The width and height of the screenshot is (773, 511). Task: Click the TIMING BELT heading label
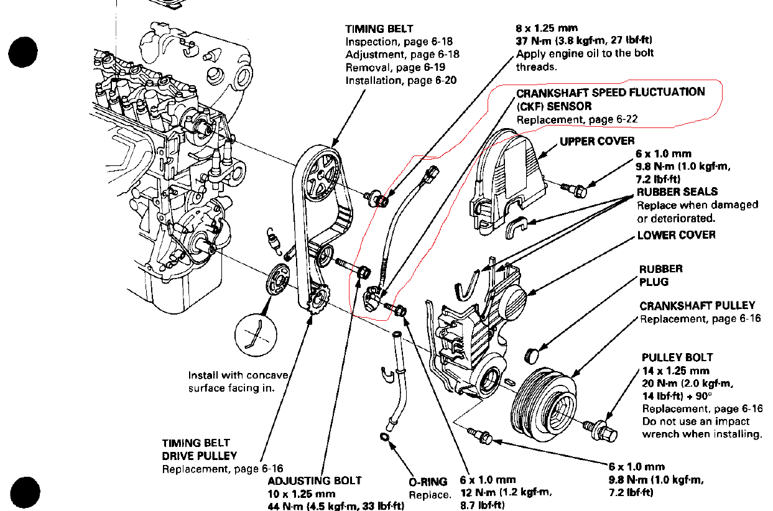[379, 29]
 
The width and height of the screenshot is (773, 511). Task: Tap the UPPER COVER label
[597, 141]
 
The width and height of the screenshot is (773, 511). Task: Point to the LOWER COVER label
[676, 235]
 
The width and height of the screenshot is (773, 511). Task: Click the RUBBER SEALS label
[677, 191]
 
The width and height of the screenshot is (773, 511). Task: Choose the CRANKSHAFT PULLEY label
[697, 305]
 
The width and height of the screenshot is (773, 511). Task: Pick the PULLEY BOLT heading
[677, 357]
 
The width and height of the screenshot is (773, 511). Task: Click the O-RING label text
[428, 481]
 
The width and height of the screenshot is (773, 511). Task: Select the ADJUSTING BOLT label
[314, 481]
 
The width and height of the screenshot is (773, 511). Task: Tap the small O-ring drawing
[386, 440]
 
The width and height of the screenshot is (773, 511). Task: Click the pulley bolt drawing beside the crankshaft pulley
[603, 428]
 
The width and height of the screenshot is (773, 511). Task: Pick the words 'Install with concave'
[238, 375]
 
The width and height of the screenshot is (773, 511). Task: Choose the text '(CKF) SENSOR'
[554, 106]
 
